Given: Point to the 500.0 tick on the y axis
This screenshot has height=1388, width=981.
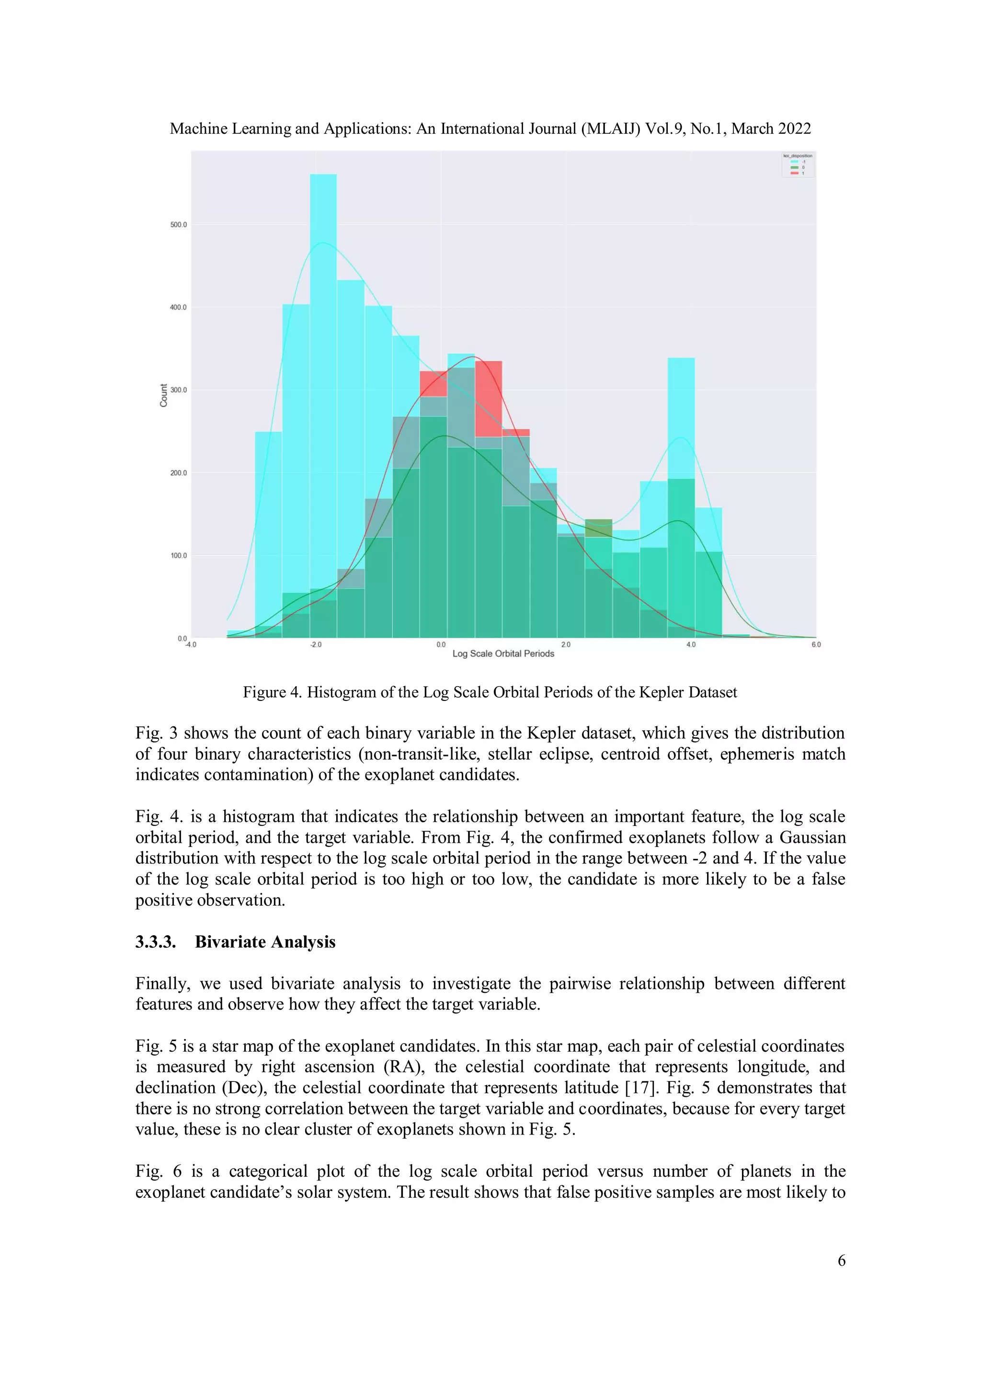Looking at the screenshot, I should tap(178, 225).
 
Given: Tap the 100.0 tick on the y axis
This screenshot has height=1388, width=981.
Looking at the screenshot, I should tap(178, 556).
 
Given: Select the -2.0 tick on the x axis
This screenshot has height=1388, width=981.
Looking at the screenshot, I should tap(316, 645).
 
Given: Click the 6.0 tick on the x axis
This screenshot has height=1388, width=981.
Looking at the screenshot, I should tap(816, 645).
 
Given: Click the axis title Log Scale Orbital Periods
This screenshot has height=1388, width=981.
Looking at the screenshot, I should tap(503, 654).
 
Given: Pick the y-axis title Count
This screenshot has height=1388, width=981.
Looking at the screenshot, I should tap(164, 395).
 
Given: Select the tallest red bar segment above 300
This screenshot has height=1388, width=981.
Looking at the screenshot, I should tap(489, 399).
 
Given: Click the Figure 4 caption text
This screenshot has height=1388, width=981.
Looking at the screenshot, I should tap(490, 692).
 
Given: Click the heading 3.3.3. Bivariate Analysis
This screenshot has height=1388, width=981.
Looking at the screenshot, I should tap(235, 942).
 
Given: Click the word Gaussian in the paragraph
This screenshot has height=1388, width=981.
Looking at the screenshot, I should tap(812, 837).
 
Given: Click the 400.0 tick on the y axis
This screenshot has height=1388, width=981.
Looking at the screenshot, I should tap(178, 308).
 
